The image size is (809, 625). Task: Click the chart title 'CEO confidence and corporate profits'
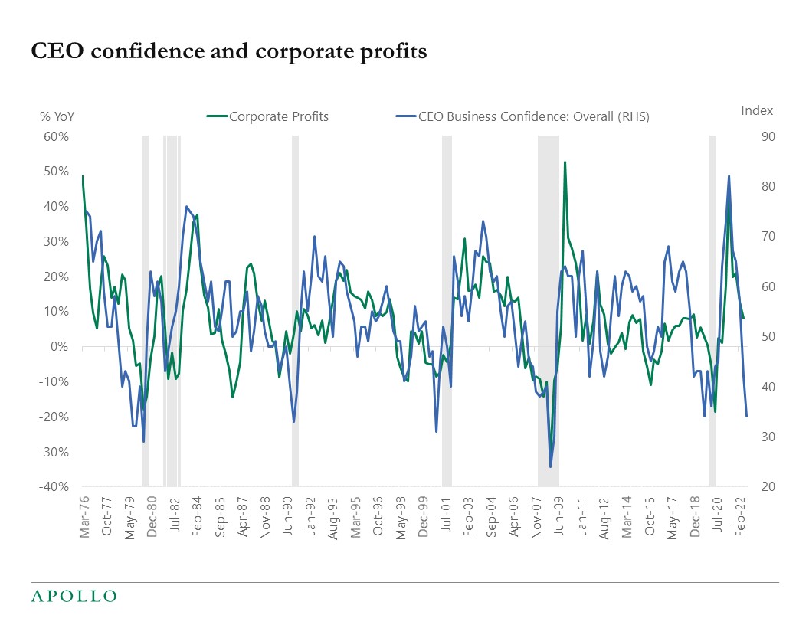point(228,51)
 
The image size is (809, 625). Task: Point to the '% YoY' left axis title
point(57,117)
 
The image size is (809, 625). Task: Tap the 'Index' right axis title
point(757,110)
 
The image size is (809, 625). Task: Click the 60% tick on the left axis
point(57,137)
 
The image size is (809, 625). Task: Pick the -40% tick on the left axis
point(55,487)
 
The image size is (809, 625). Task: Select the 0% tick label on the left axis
point(61,347)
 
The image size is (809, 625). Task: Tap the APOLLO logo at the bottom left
point(74,596)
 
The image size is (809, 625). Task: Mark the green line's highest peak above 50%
point(565,162)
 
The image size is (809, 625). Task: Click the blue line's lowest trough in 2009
point(550,466)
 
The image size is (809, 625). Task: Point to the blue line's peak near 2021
point(729,176)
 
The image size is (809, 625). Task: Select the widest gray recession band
point(548,310)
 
